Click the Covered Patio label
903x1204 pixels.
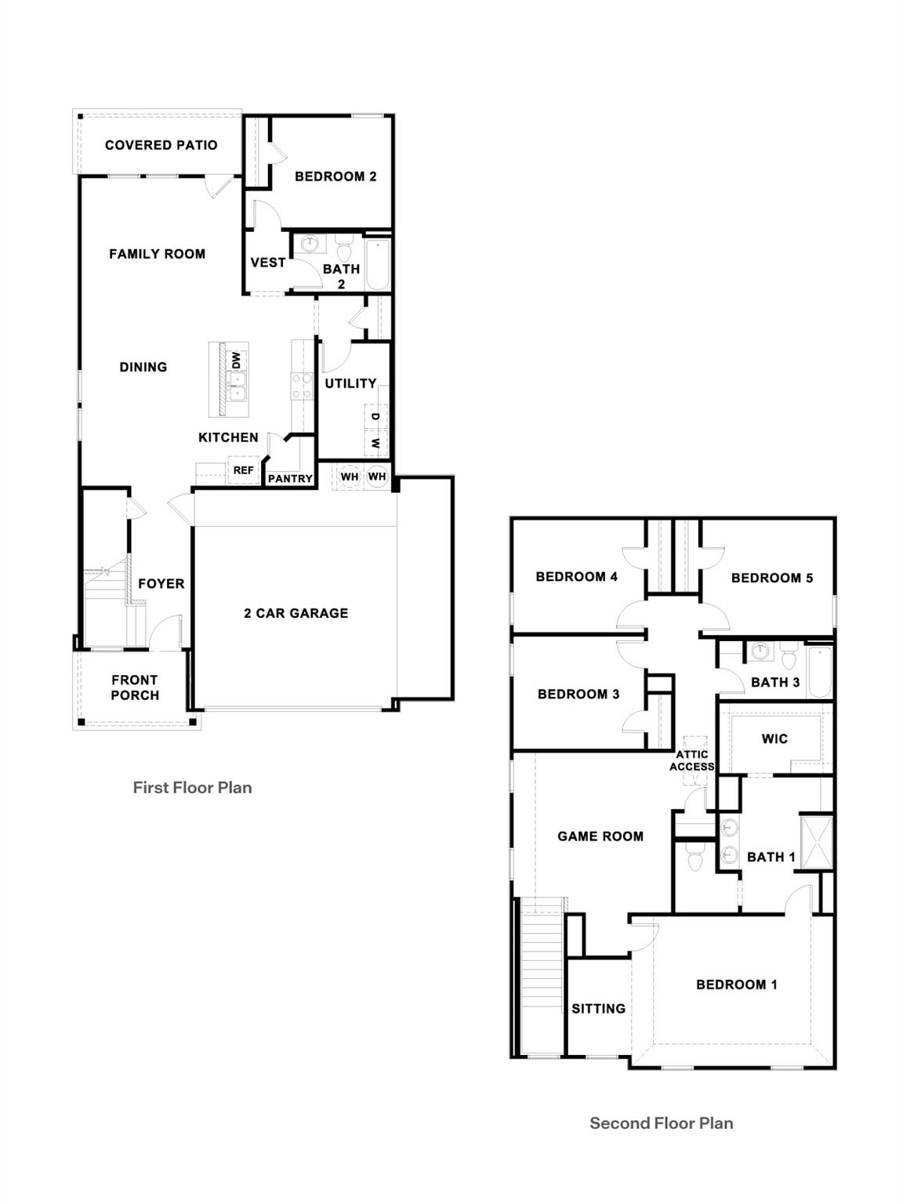[161, 145]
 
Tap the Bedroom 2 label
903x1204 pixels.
[335, 176]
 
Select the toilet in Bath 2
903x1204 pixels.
[343, 251]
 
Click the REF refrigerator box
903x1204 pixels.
[243, 470]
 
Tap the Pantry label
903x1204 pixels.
[290, 478]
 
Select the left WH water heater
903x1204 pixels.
[349, 477]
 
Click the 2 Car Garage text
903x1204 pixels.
[296, 613]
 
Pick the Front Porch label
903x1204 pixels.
[135, 687]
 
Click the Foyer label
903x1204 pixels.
[161, 584]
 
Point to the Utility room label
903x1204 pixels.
[350, 383]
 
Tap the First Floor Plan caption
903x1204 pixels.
[192, 788]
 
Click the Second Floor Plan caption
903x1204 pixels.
[661, 1123]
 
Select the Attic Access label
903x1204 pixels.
[691, 760]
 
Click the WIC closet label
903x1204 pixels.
[774, 738]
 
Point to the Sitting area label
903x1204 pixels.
[598, 1009]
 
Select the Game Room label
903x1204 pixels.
[600, 836]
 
